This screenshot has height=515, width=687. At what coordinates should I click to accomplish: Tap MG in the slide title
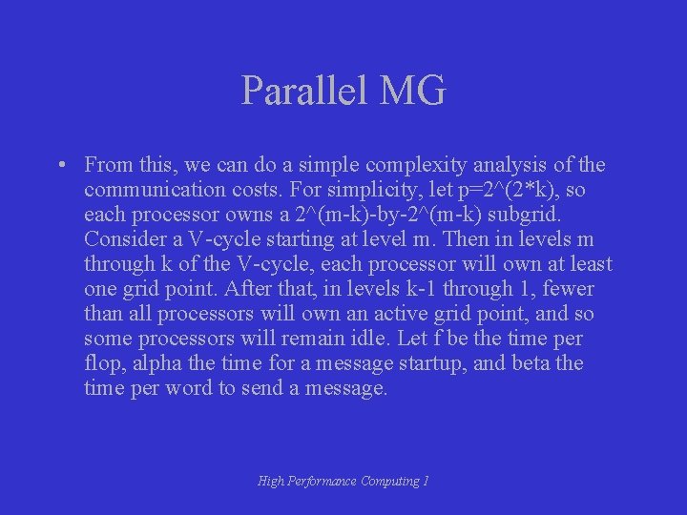[412, 92]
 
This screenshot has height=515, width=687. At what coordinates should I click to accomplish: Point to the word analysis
[504, 165]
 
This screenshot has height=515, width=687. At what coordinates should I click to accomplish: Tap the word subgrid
[552, 215]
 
